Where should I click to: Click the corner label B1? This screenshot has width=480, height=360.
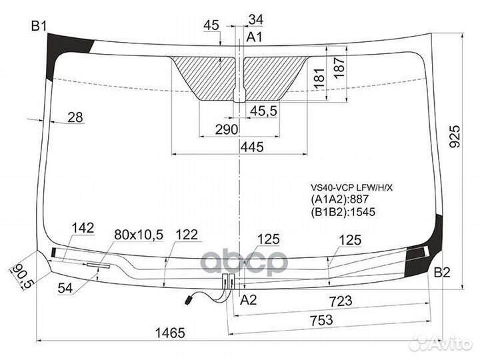tap(39, 26)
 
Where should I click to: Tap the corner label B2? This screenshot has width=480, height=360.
tap(442, 272)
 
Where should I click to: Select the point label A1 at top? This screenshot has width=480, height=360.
tap(255, 37)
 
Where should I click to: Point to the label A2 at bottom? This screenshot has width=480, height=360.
tap(248, 300)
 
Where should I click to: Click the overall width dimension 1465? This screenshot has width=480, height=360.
tap(171, 333)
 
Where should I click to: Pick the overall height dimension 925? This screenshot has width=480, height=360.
tap(455, 137)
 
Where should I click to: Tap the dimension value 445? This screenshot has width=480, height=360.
tap(252, 147)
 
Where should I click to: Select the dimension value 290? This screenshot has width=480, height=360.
tap(227, 130)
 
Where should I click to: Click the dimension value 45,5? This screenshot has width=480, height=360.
tap(263, 111)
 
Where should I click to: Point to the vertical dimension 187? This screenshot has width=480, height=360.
tap(339, 67)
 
